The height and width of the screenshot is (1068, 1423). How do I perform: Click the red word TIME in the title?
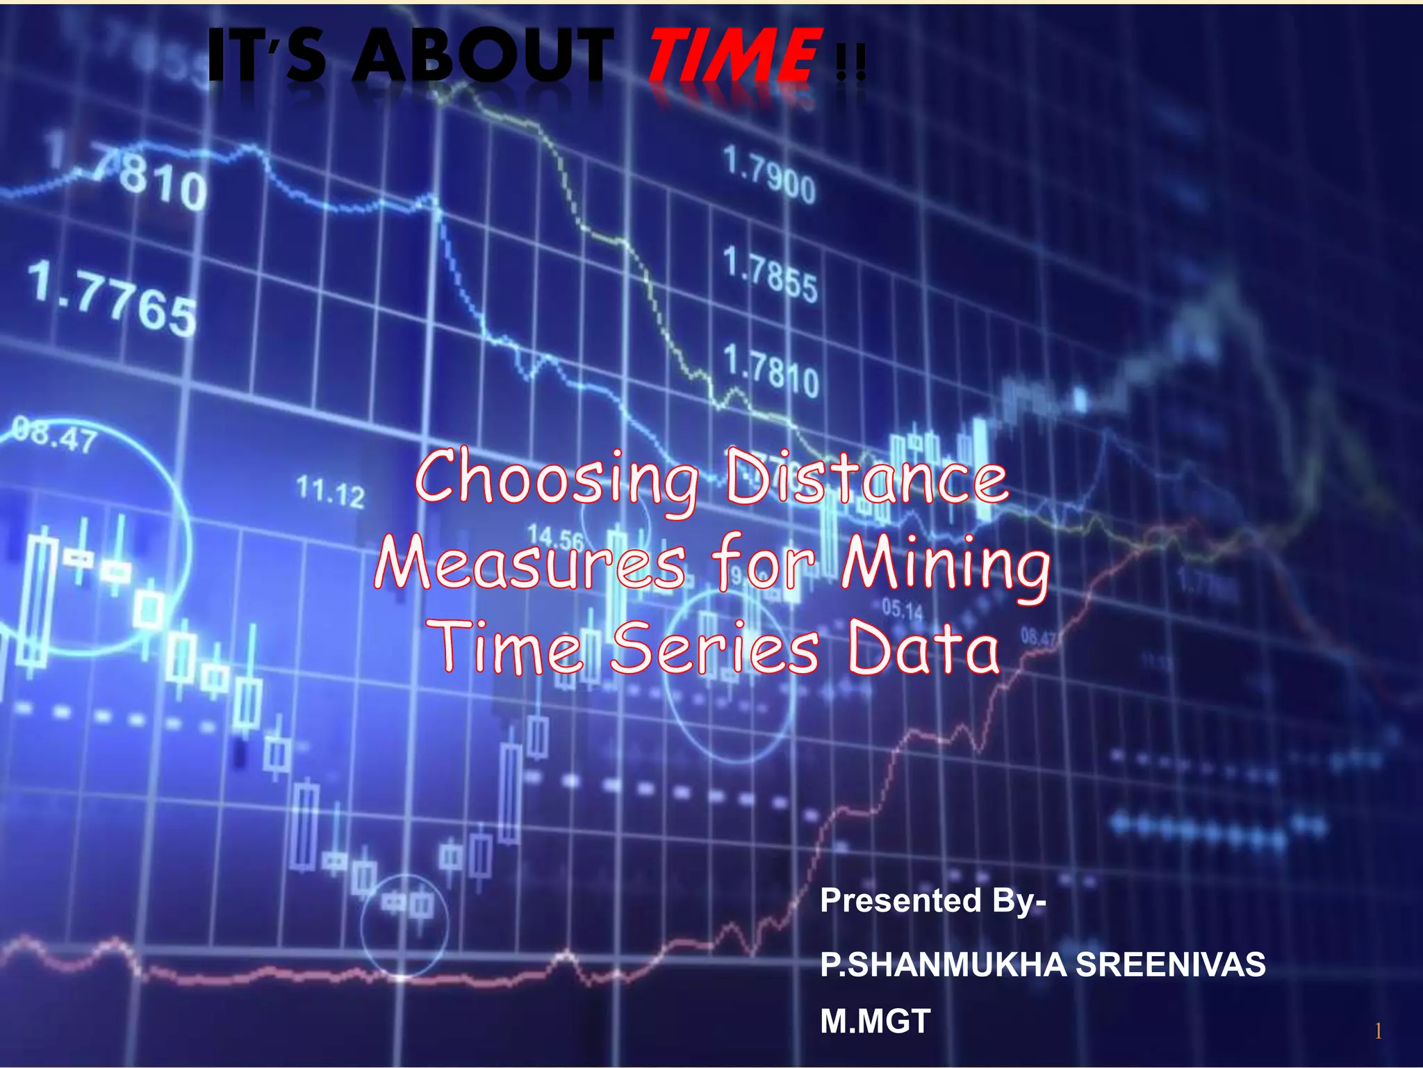tap(733, 56)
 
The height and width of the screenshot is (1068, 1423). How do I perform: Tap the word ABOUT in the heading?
tap(483, 56)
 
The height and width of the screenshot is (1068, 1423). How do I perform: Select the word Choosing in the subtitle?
tap(557, 478)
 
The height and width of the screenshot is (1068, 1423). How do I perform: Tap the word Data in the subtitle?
tap(924, 648)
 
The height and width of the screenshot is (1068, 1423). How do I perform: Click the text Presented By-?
tap(932, 901)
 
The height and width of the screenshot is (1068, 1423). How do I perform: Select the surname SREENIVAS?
tap(1170, 965)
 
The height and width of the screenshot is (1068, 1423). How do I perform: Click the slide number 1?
tap(1378, 1031)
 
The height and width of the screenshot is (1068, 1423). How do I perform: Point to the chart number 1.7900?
tap(769, 174)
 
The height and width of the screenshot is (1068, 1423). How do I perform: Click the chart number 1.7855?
tap(770, 275)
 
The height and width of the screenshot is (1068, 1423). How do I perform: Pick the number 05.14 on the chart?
tap(902, 610)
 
